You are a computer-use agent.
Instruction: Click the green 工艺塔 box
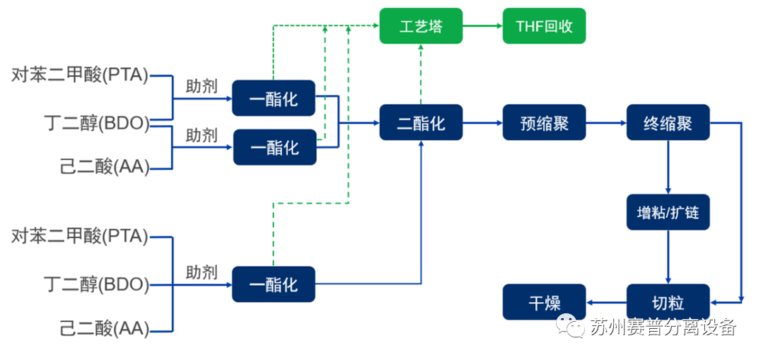pos(421,26)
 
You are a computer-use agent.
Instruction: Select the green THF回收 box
pos(544,26)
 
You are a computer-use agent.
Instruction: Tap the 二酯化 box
pos(421,122)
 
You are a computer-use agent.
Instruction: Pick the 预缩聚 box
pos(544,122)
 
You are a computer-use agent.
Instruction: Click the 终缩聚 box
pos(668,122)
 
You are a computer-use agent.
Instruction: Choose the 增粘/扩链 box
pos(668,211)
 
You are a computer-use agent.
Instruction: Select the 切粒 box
pos(668,302)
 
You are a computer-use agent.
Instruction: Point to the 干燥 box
pos(544,302)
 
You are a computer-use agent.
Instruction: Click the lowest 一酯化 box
pos(274,284)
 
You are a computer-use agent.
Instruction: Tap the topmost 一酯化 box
pos(274,98)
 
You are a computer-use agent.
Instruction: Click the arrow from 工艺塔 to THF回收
pos(482,26)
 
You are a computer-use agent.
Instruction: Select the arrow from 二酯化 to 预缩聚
pos(482,122)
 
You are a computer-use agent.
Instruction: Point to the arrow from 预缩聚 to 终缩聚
pos(606,122)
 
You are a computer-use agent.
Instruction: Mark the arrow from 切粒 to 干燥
pos(606,302)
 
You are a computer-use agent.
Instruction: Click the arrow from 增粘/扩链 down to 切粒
pos(668,257)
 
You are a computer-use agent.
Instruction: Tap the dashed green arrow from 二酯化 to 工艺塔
pos(421,74)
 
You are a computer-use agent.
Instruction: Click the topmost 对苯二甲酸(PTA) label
pos(80,75)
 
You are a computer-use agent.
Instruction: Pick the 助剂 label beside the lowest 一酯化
pos(202,272)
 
